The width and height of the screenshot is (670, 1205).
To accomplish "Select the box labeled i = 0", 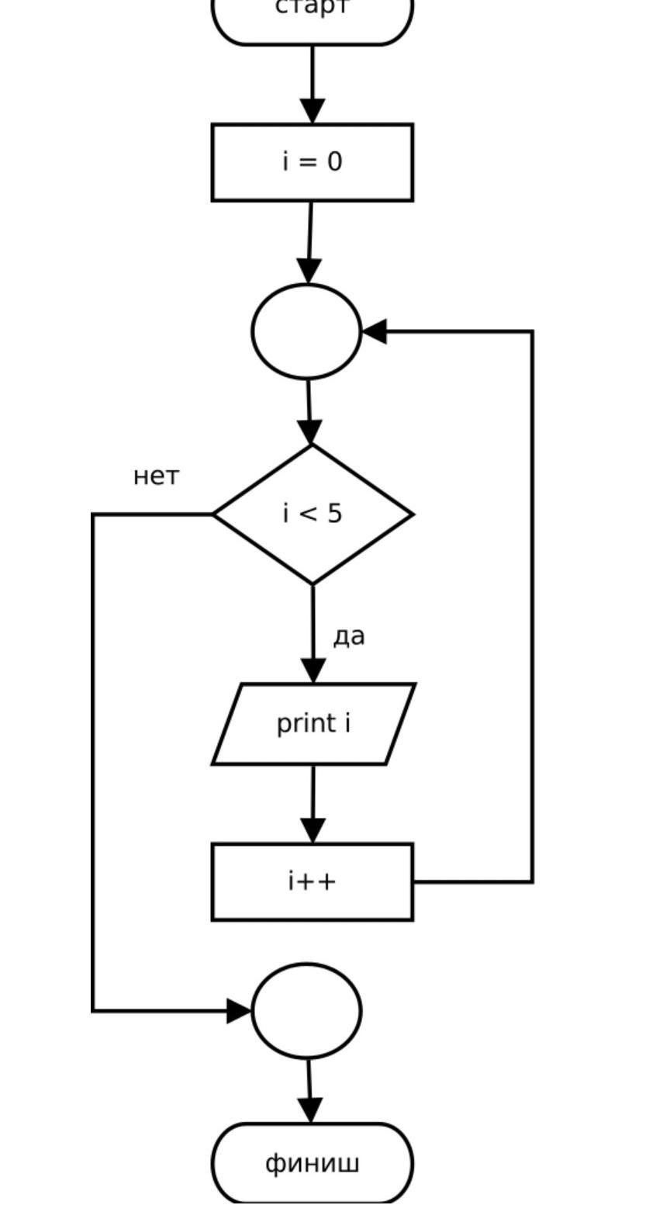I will (x=313, y=162).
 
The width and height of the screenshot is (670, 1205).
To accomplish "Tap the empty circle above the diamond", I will (x=307, y=331).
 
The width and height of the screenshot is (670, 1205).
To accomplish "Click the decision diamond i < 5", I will (x=313, y=514).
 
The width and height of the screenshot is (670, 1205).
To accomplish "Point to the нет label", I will (x=156, y=476).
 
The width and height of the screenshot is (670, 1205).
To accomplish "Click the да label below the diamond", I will (x=349, y=636).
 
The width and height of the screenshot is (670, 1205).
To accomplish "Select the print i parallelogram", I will (x=313, y=723).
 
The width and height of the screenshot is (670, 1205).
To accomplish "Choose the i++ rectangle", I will (x=313, y=882).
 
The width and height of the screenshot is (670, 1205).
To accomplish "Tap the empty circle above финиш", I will (x=307, y=1010).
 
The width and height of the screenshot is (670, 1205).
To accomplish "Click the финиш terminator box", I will (x=313, y=1163).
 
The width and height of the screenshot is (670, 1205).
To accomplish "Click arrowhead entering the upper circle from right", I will (x=374, y=331).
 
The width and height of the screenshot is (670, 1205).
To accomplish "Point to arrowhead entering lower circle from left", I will (x=240, y=1010).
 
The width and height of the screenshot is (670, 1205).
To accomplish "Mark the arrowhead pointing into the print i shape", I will (x=313, y=671).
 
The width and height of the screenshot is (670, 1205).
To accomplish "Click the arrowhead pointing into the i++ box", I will (x=313, y=831).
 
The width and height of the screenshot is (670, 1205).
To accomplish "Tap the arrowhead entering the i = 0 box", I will (x=313, y=111).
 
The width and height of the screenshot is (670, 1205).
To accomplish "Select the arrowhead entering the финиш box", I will (x=310, y=1110).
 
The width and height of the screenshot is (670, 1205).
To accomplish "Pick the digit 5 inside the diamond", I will (x=333, y=514).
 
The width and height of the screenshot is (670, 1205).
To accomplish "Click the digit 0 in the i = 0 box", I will (x=334, y=162).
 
